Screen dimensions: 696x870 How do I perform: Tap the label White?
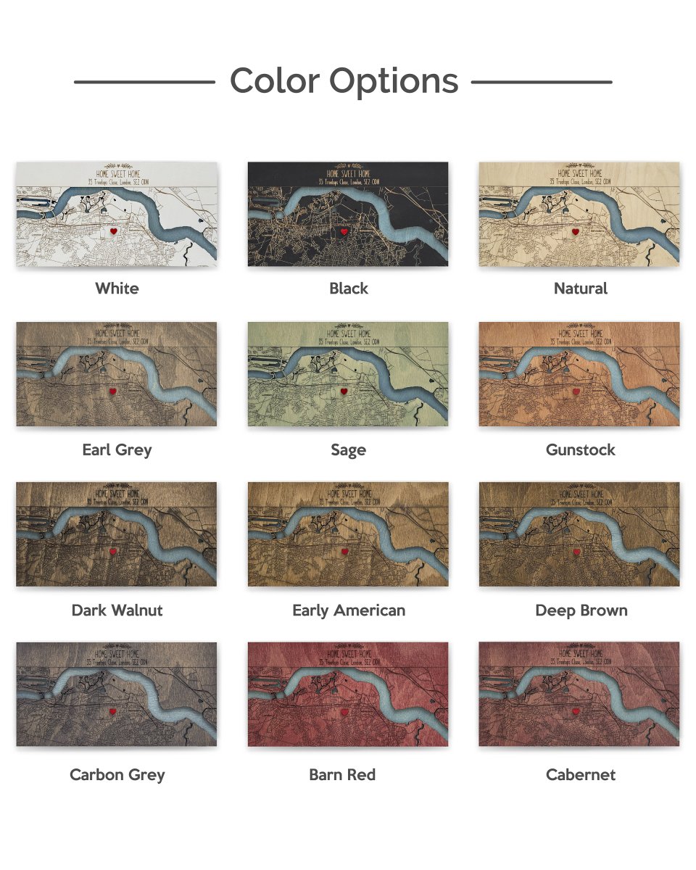tap(117, 289)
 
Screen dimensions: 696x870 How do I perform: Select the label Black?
tap(349, 289)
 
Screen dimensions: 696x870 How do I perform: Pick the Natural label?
tap(581, 289)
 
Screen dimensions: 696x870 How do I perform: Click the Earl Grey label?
tap(117, 449)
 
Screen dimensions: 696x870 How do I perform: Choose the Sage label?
tap(349, 449)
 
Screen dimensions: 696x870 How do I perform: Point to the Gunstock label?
tap(581, 449)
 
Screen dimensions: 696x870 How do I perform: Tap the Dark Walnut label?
tap(117, 610)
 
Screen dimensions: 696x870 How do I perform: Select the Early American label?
tap(349, 610)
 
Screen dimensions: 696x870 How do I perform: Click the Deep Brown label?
tap(581, 610)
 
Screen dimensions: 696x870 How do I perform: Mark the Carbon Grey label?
tap(117, 774)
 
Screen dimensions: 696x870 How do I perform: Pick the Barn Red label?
tap(342, 774)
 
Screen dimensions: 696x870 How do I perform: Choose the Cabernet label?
tap(581, 774)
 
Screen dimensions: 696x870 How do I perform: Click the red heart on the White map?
tap(114, 231)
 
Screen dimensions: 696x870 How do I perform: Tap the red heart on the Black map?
tap(345, 231)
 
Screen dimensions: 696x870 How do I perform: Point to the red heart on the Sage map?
tap(345, 391)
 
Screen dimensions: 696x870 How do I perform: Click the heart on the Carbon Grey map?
tap(114, 713)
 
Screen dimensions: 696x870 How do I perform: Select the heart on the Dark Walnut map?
tap(114, 552)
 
